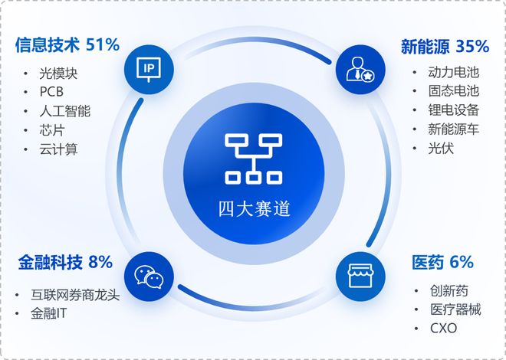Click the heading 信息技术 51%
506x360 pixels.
pyautogui.click(x=67, y=44)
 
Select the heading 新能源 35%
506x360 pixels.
pyautogui.click(x=445, y=45)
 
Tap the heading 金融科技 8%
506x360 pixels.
pyautogui.click(x=65, y=262)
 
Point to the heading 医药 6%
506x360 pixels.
pyautogui.click(x=443, y=262)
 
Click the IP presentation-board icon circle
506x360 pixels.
pyautogui.click(x=148, y=69)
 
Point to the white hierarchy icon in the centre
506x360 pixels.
pyautogui.click(x=254, y=159)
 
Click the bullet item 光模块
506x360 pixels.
pyautogui.click(x=59, y=74)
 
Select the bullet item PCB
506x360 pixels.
pyautogui.click(x=54, y=93)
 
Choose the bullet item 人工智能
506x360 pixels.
pyautogui.click(x=65, y=112)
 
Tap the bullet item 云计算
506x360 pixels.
pyautogui.click(x=59, y=149)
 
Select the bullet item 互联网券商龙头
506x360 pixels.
pyautogui.click(x=75, y=295)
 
